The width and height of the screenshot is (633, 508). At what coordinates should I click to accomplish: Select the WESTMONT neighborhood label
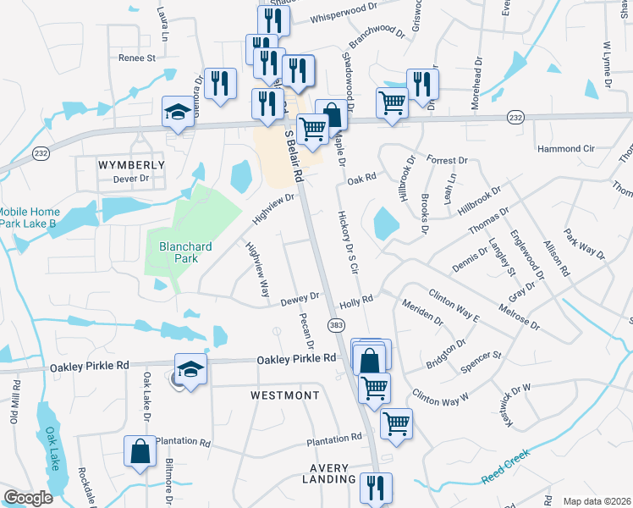(x=285, y=395)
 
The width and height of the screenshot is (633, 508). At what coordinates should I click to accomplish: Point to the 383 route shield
(x=336, y=325)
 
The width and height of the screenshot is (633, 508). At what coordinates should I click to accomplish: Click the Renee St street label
(x=137, y=58)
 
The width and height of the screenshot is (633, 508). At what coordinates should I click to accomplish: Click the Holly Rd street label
(x=355, y=301)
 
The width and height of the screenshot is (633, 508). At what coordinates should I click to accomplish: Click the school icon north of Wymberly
(x=179, y=113)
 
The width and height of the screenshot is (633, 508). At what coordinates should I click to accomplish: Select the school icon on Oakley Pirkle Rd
(x=191, y=370)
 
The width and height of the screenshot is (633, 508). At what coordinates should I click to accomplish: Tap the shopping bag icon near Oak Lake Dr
(x=140, y=452)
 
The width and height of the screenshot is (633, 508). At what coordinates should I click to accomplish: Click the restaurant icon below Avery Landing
(x=375, y=489)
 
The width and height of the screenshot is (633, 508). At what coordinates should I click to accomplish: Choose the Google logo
(x=29, y=499)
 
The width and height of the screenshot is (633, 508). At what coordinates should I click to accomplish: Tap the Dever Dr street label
(x=131, y=179)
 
